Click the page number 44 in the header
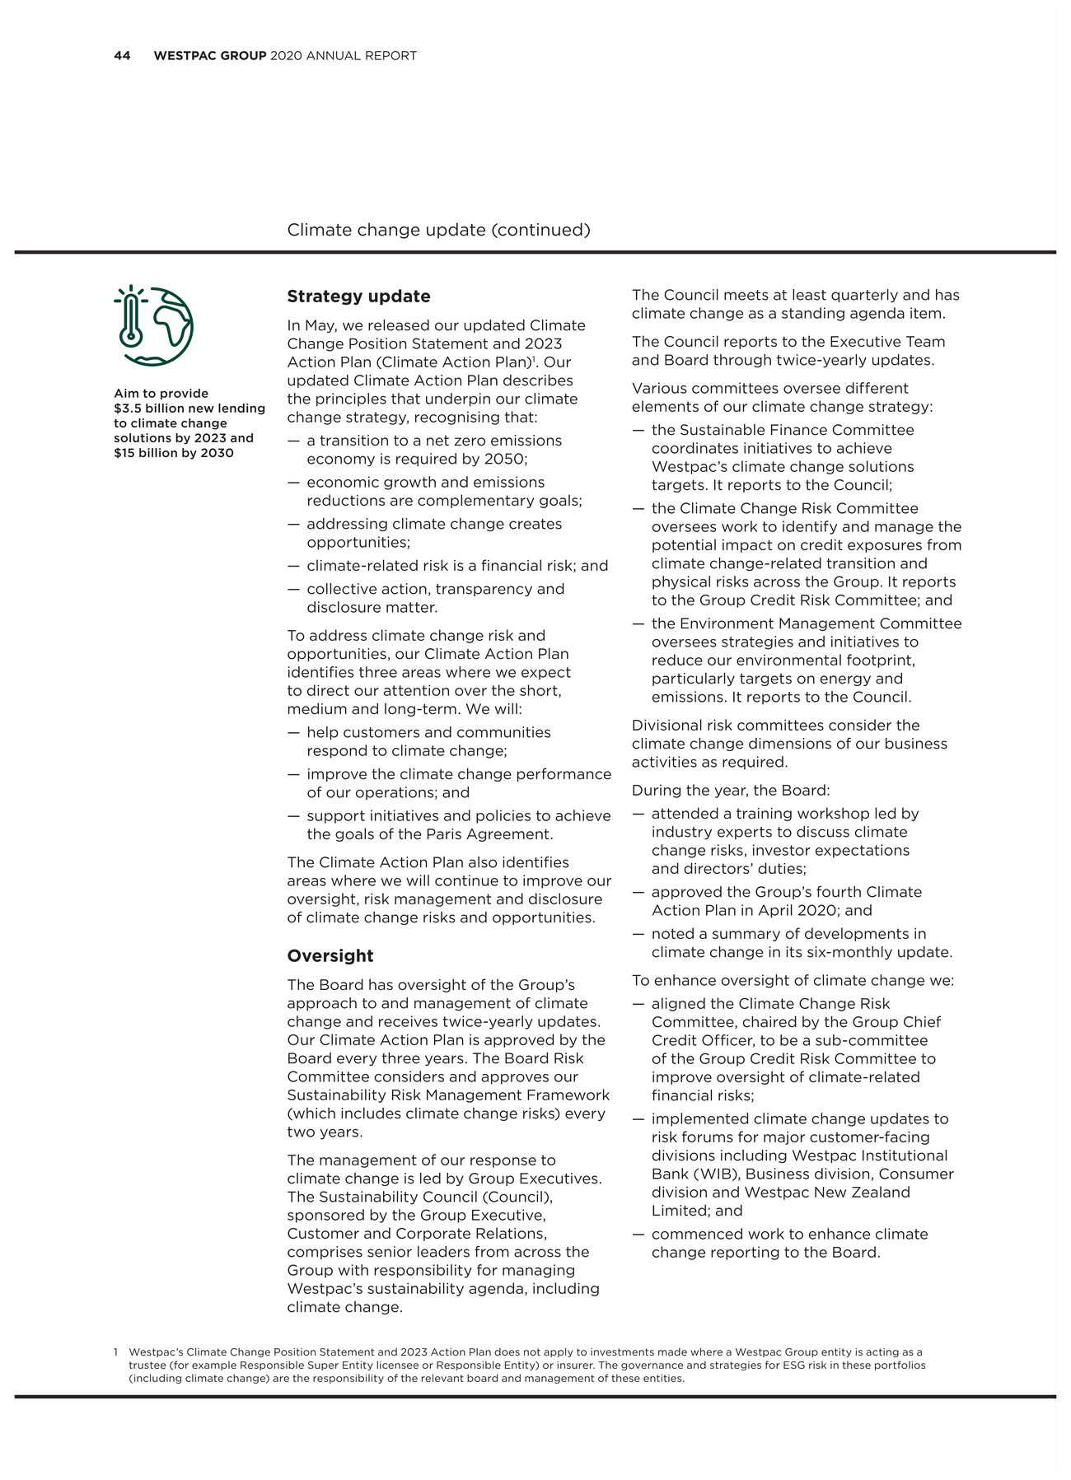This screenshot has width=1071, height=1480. point(122,56)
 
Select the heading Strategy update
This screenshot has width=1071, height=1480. point(358,296)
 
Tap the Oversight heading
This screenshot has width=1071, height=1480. point(330,956)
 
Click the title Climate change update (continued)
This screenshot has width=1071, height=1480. point(438,230)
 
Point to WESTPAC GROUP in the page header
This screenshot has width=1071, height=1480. point(210,56)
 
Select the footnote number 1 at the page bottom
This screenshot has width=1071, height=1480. point(116,1352)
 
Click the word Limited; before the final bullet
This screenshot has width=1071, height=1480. point(676,1211)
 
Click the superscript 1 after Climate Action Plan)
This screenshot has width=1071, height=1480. point(534,359)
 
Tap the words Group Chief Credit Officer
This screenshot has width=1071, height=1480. point(849,1031)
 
